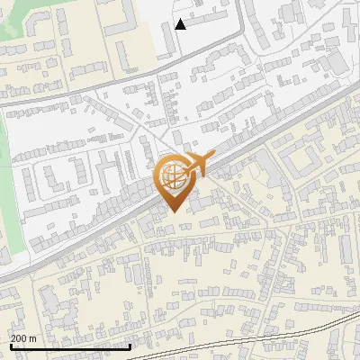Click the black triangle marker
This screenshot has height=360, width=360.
[x=181, y=24]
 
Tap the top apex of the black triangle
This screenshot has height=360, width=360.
[x=181, y=19]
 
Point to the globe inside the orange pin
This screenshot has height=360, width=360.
[x=172, y=175]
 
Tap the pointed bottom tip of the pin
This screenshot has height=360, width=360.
[x=173, y=212]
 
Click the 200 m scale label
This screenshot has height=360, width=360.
[x=23, y=338]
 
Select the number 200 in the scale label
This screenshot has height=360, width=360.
[x=19, y=338]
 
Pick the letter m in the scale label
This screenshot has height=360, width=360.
[x=33, y=339]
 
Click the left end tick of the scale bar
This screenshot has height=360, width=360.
[x=10, y=346]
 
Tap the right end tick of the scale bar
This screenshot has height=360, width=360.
[x=131, y=346]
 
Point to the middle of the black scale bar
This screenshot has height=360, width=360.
[x=70, y=346]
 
